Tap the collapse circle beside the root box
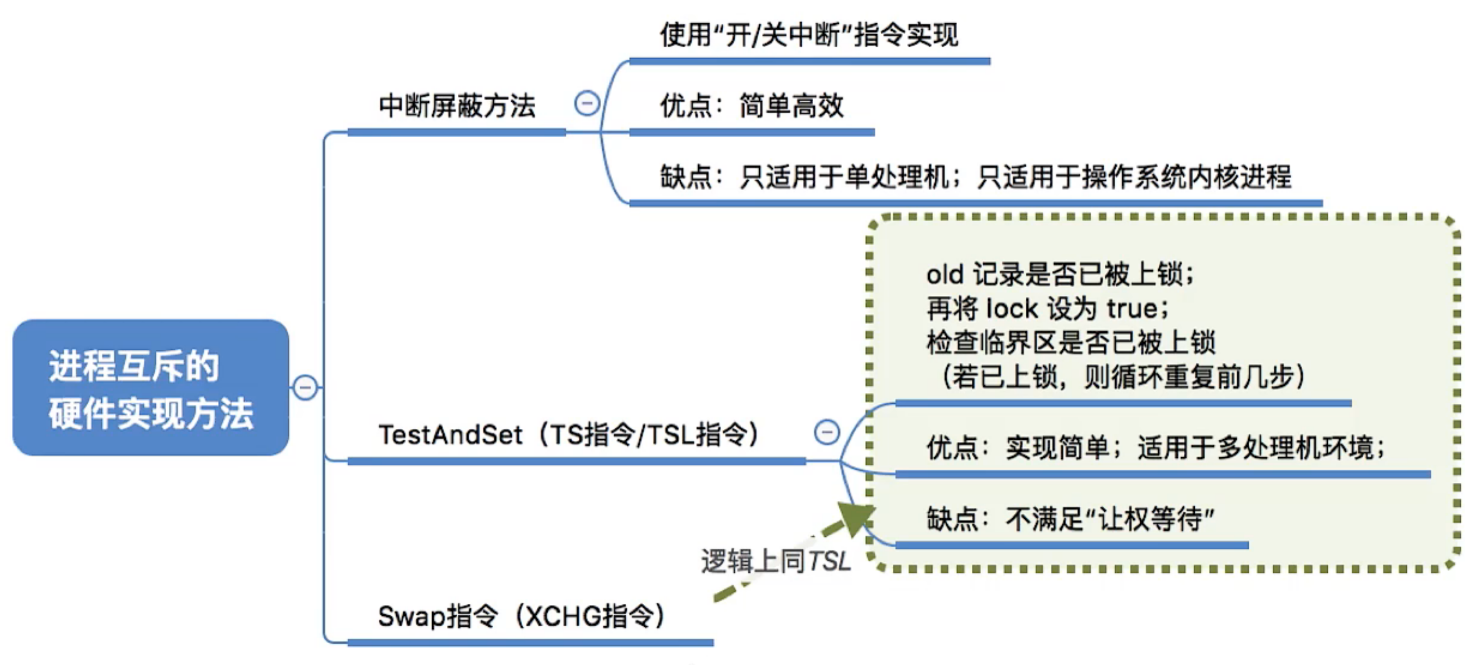coord(305,388)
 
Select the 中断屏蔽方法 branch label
coord(457,106)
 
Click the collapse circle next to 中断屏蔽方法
coord(586,104)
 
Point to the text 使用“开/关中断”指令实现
coord(808,35)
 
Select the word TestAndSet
coord(450,435)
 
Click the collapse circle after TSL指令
coord(827,432)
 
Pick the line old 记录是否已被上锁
coord(1060,275)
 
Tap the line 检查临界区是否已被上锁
coord(1070,343)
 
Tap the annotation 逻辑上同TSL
coord(776,561)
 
